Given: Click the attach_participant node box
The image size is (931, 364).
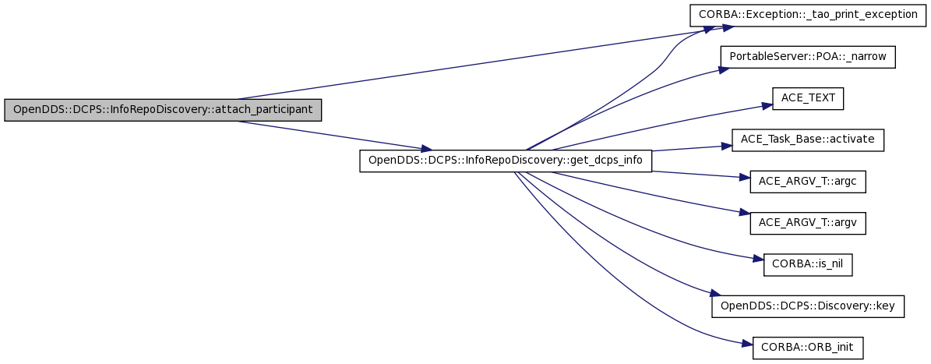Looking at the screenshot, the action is pos(163,111).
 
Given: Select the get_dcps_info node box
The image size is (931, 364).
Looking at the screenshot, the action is pos(506,161).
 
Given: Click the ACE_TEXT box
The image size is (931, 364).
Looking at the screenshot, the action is pos(807,98).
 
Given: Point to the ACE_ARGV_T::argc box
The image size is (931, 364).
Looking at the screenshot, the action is pos(807,182).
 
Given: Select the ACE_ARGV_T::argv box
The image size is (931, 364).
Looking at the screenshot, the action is pos(807,223).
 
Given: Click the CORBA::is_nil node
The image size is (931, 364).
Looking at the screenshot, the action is pos(807,265).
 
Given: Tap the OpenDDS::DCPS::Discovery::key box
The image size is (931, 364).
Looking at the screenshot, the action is pos(807,306).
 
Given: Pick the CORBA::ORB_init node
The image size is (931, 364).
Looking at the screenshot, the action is pos(807,348).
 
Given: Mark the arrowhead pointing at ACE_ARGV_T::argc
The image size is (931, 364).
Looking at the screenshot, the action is pos(745,178).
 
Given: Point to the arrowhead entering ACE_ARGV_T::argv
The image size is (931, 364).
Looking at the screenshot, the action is pos(745,213).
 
